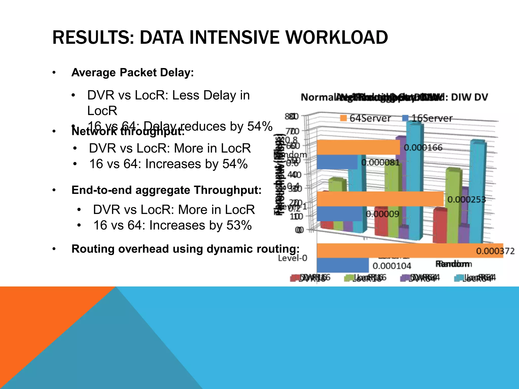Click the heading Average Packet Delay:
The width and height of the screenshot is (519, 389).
pos(133,73)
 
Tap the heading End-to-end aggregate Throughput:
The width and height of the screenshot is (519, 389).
pos(166,190)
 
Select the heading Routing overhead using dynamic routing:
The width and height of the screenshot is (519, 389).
pos(185,249)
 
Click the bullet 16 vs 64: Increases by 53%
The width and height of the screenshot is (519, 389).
pos(172,225)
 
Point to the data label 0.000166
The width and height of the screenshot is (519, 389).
pos(423,148)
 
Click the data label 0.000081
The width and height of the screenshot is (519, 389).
pos(380,162)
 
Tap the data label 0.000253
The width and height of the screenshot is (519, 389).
pos(467,200)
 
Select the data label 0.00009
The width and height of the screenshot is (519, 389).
pos(382,214)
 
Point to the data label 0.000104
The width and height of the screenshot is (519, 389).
pos(392,266)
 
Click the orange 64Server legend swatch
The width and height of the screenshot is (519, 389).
pos(343,118)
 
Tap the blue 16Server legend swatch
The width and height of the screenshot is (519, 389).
pos(405,118)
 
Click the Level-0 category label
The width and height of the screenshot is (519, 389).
pos(292,258)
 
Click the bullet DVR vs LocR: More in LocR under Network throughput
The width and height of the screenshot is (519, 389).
pos(170,148)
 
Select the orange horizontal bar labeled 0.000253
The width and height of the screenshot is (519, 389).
pos(380,199)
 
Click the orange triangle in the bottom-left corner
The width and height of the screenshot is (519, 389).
pos(38,329)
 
